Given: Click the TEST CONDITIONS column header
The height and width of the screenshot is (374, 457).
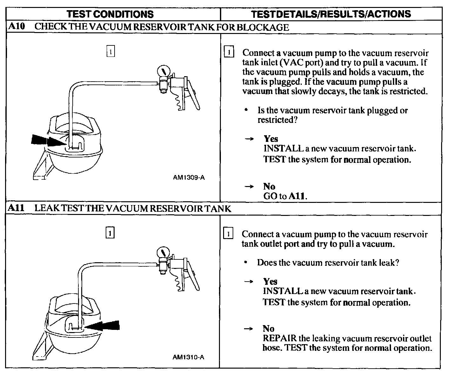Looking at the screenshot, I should pos(110,14).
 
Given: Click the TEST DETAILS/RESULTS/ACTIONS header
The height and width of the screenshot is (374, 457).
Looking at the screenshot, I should pos(331,14).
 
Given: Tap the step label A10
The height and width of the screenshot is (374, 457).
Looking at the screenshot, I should pos(16,27).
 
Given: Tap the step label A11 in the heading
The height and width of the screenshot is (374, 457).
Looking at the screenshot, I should pos(16,208).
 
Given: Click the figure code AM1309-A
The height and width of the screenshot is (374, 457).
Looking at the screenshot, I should pos(189,177).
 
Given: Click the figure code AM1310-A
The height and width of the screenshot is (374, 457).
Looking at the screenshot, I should pos(188,357).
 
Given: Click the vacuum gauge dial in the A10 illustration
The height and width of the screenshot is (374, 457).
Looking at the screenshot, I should pos(163,70).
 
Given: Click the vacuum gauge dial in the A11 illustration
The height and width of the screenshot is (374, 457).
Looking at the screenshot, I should pos(163,253).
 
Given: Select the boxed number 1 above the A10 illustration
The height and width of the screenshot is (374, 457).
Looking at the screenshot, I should pos(110,51).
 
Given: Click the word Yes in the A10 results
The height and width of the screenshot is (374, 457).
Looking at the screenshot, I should pos(271,139).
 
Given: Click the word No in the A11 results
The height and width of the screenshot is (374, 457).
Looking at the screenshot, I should pos(268,329).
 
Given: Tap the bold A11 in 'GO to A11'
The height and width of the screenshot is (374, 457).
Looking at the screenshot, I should pos(297,196).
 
